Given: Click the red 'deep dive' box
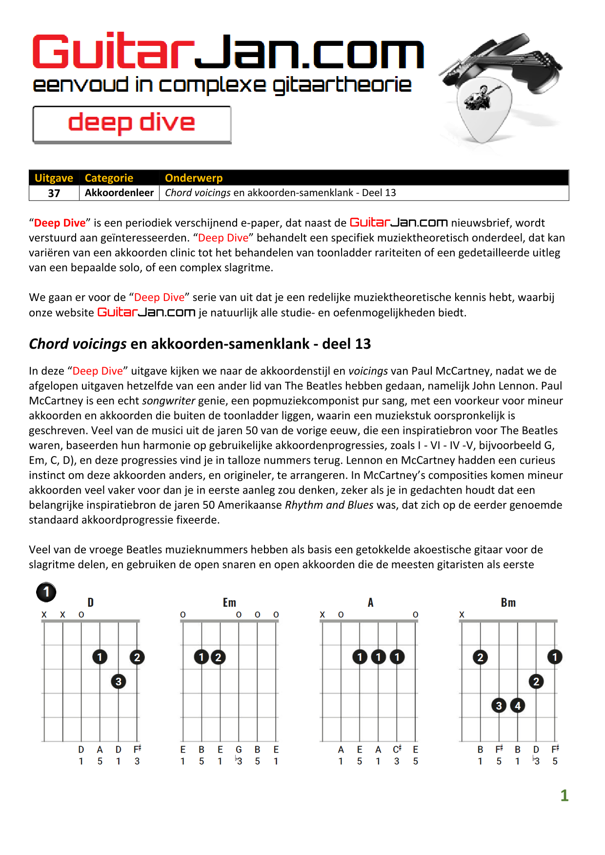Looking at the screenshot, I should (x=132, y=124).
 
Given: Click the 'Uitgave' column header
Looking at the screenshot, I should (x=54, y=178).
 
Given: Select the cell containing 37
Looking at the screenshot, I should (x=54, y=193).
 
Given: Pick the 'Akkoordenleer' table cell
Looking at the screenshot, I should (x=119, y=193).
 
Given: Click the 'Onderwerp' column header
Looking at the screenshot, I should (x=194, y=178).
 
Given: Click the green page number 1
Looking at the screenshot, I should (x=564, y=795).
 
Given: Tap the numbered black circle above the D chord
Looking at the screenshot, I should (x=46, y=592).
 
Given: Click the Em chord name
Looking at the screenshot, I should (x=229, y=603).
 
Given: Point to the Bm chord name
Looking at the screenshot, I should (x=508, y=603).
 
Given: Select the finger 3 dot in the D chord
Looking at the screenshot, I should (x=119, y=681).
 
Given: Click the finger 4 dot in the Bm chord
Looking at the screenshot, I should (x=518, y=705).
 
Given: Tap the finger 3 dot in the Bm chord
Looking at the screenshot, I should (x=499, y=705).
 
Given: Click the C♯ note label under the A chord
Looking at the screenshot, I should (x=397, y=749).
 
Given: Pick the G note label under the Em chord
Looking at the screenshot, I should (x=239, y=750).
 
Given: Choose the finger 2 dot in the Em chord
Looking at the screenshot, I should (x=219, y=657).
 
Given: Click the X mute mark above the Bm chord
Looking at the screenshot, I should (x=462, y=615).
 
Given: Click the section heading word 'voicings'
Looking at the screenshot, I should (x=99, y=344).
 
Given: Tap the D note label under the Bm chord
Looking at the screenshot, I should (x=536, y=750).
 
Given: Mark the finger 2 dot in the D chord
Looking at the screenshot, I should (x=137, y=657).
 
